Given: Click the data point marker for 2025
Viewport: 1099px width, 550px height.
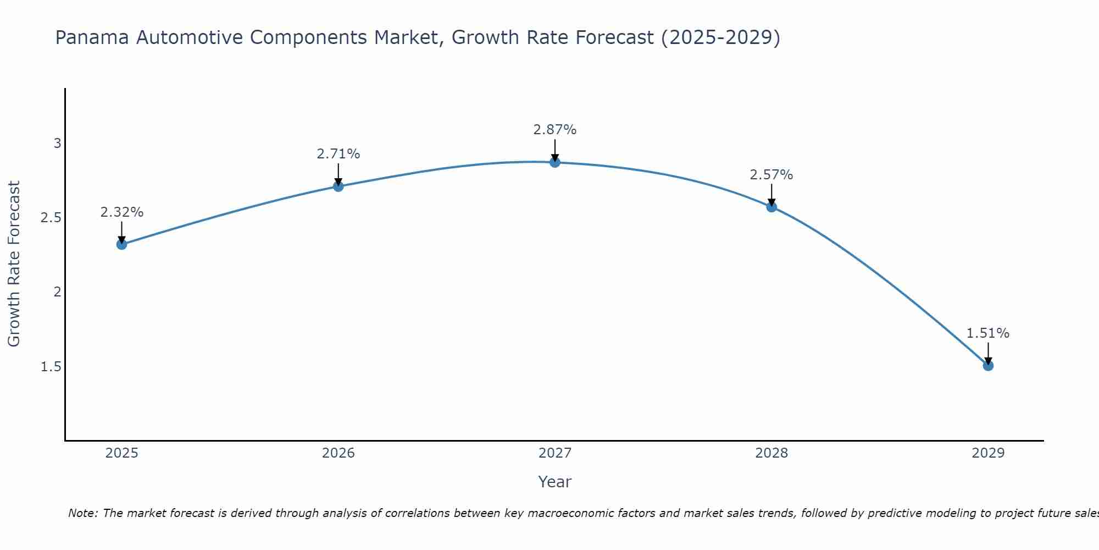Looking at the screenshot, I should pyautogui.click(x=121, y=244).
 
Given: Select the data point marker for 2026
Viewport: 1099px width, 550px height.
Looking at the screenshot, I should pyautogui.click(x=338, y=186).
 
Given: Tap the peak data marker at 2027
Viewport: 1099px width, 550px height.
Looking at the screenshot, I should pyautogui.click(x=555, y=162).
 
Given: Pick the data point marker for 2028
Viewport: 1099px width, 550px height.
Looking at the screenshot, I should pyautogui.click(x=771, y=207).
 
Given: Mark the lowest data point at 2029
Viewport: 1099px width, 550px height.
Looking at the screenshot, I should pyautogui.click(x=988, y=365).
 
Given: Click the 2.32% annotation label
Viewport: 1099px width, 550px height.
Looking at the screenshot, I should pyautogui.click(x=121, y=212).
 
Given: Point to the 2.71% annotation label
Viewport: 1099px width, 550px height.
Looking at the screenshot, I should pyautogui.click(x=338, y=154).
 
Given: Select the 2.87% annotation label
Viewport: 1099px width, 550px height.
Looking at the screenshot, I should pyautogui.click(x=555, y=130).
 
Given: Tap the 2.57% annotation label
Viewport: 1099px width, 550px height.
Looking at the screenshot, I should pyautogui.click(x=771, y=175).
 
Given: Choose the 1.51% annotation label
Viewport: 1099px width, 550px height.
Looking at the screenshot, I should pyautogui.click(x=988, y=333).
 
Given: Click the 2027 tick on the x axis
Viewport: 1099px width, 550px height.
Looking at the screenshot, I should pyautogui.click(x=555, y=453).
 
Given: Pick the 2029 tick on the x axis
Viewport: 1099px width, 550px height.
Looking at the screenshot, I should pyautogui.click(x=988, y=453).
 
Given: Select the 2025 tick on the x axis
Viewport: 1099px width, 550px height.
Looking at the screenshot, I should pyautogui.click(x=121, y=453).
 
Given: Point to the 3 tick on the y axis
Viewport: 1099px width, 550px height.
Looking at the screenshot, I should pyautogui.click(x=57, y=144).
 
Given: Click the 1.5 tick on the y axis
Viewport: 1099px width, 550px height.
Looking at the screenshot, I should pyautogui.click(x=51, y=366).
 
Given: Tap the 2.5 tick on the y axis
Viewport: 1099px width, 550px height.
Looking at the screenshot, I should pyautogui.click(x=51, y=218).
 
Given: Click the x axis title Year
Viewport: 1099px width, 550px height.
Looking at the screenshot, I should pyautogui.click(x=555, y=482).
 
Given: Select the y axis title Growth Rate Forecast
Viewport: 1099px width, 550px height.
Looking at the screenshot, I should pyautogui.click(x=14, y=264).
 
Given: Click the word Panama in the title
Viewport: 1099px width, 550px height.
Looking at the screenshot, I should pyautogui.click(x=92, y=37).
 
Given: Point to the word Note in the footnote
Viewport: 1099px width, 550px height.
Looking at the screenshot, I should pyautogui.click(x=82, y=513).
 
